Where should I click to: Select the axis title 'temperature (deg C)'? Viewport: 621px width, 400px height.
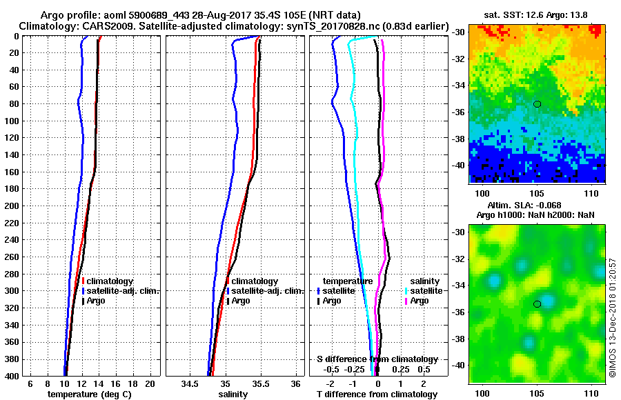(x=89, y=394)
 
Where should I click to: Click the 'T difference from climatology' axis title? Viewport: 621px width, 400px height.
(x=377, y=394)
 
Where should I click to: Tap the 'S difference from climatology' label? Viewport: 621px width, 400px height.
(x=377, y=359)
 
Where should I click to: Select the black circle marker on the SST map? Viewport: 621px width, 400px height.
(x=537, y=103)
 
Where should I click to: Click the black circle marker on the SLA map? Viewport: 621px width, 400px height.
(x=537, y=303)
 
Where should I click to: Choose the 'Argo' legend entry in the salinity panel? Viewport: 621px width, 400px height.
(x=241, y=301)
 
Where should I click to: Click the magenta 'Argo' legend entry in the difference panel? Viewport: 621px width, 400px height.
(x=419, y=301)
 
